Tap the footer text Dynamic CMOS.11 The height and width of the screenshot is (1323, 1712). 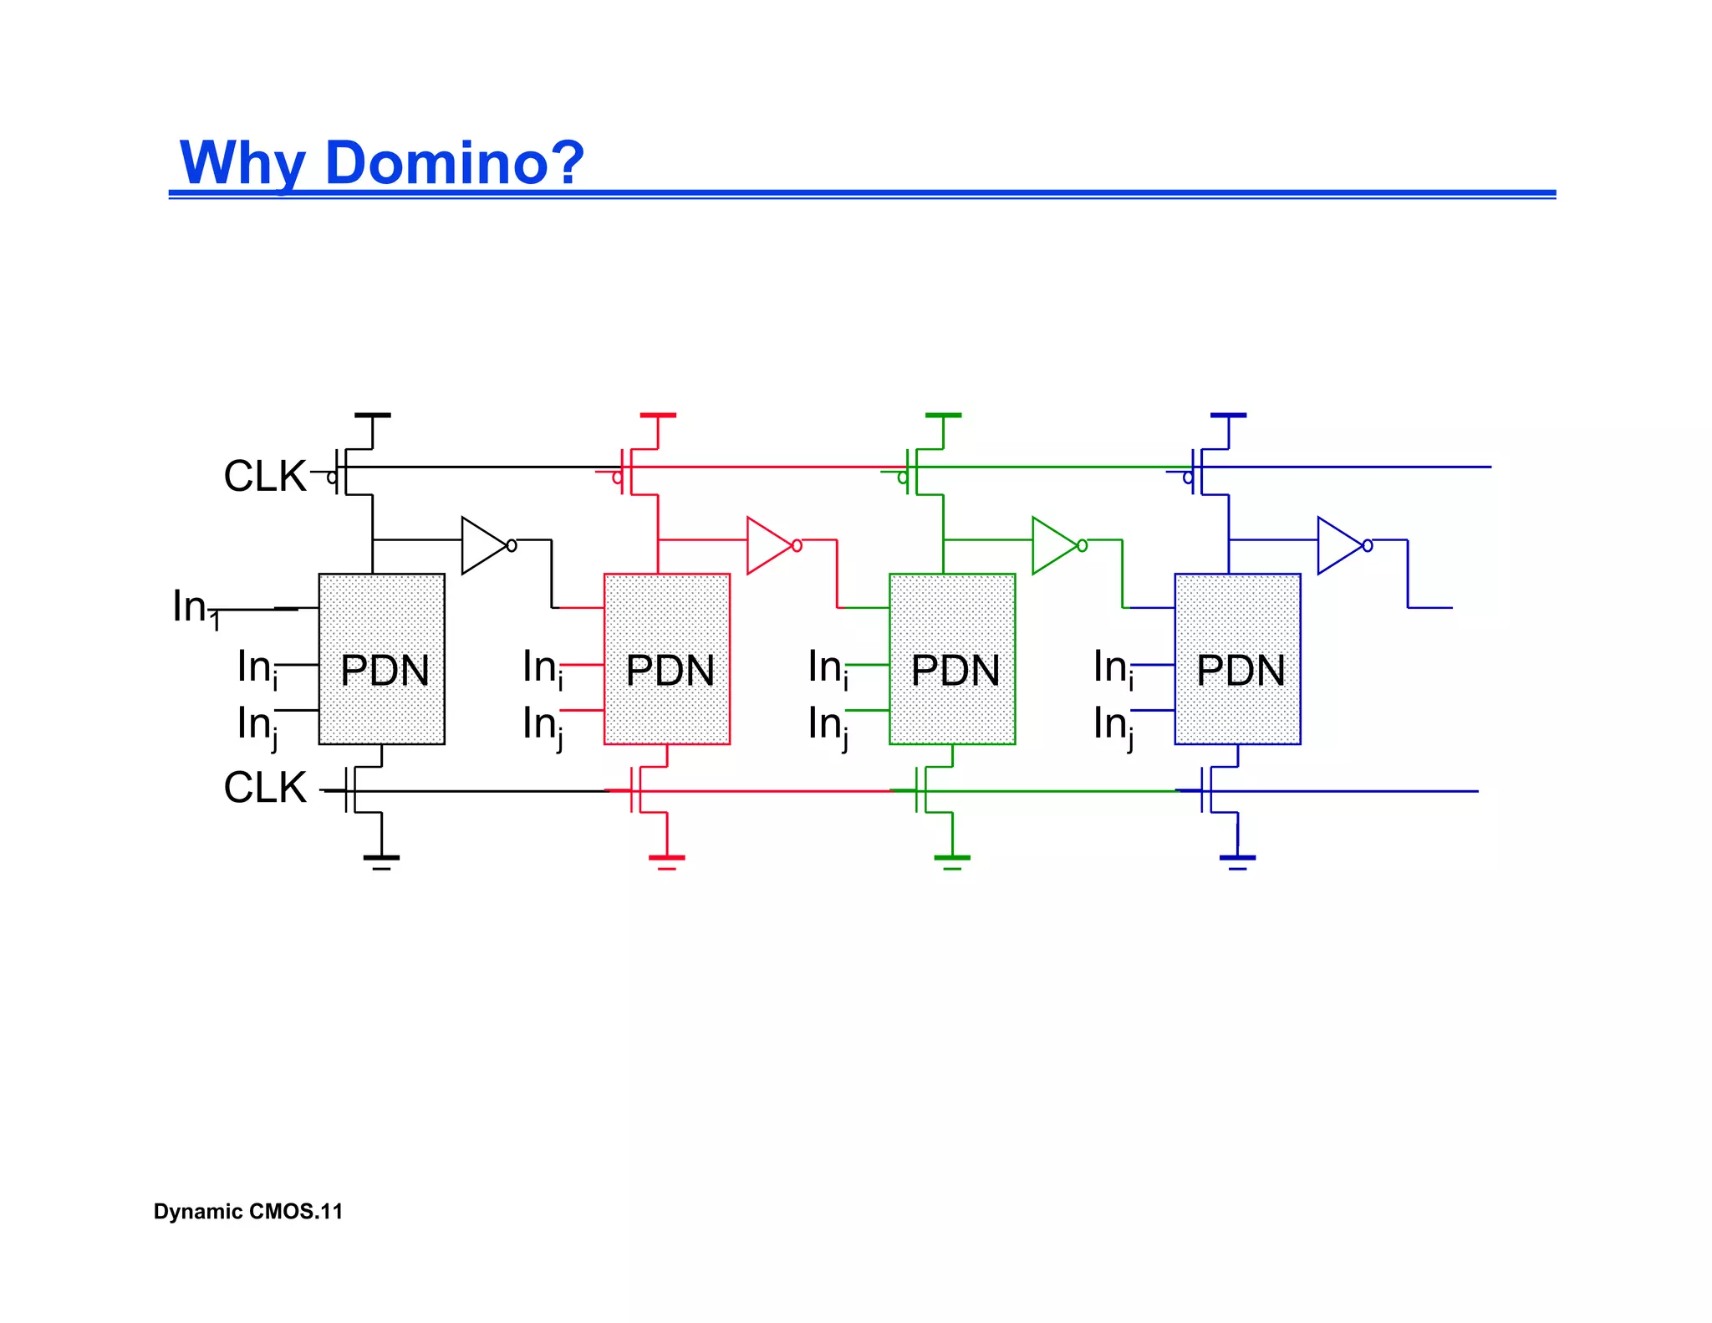(248, 1212)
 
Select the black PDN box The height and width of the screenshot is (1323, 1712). (382, 660)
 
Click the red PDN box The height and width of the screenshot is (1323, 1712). (667, 660)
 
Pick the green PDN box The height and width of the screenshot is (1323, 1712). (952, 660)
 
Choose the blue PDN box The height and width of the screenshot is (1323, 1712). (1238, 660)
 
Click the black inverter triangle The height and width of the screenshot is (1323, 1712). (482, 545)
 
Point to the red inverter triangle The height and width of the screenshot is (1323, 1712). (767, 545)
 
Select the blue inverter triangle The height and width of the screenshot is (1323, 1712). (1338, 545)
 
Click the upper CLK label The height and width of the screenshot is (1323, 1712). (265, 476)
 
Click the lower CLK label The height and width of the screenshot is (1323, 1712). (265, 788)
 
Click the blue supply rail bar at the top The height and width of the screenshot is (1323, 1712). (1229, 415)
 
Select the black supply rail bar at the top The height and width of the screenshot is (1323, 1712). (373, 415)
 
